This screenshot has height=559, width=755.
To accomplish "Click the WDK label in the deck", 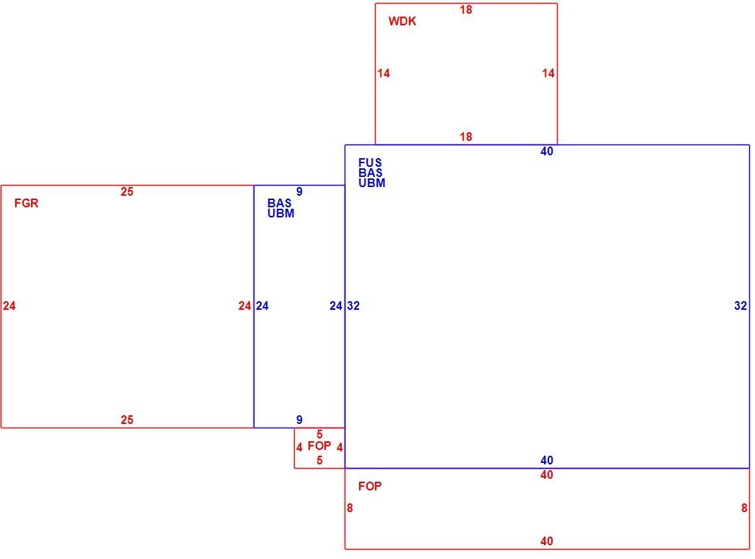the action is coord(402,21).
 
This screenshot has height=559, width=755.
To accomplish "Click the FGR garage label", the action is coord(26,203).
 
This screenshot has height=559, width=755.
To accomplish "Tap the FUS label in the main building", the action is coord(370,162).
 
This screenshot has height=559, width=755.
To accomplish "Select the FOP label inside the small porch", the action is coord(319,446).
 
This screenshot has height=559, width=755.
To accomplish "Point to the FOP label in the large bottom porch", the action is coord(370,486).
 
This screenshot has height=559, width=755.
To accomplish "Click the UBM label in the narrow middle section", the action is coord(281,213).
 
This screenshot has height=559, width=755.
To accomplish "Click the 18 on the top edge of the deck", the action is coord(465,9).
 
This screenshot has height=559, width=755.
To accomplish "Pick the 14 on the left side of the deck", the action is coord(383,73).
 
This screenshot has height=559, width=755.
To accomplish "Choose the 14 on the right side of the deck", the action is coord(548,73).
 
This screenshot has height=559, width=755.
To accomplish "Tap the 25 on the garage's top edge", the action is coord(126,191).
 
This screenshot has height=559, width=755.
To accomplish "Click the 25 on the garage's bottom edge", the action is coord(126,420).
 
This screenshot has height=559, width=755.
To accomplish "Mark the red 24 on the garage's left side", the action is coord(9,305).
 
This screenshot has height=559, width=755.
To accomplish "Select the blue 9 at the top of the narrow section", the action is coord(299,191).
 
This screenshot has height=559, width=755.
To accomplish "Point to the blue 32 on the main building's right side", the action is coord(741,305).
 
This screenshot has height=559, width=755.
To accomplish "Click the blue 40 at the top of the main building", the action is coord(546,151).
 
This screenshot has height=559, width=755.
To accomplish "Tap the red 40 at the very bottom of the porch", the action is coord(546,541).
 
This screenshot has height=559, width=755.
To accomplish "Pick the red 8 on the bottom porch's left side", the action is coord(350,508).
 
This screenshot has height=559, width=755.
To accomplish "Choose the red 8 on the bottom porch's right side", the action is coord(744,508).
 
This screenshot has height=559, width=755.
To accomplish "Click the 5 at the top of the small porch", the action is coord(319,434).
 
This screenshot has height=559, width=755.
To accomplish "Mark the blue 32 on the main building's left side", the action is coord(353,305).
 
